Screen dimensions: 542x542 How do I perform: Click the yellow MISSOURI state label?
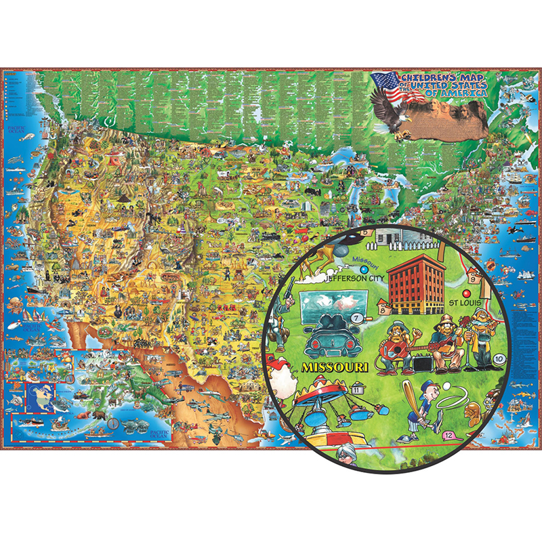click(332, 367)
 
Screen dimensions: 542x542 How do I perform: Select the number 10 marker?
click(499, 358)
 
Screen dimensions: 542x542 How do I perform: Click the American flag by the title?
click(385, 85)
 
